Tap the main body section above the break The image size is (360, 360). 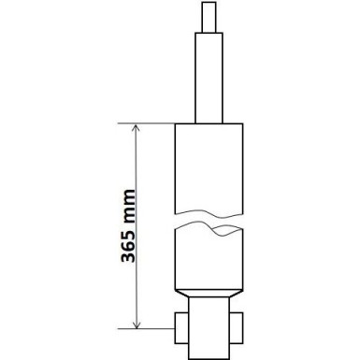[x=209, y=168]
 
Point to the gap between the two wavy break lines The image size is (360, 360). [x=209, y=224]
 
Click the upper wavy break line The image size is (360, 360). [x=209, y=217]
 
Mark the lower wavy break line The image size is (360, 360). [x=209, y=233]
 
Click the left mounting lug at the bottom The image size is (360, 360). [x=183, y=328]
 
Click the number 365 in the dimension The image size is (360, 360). [x=128, y=256]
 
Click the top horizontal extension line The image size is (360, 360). [x=150, y=122]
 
